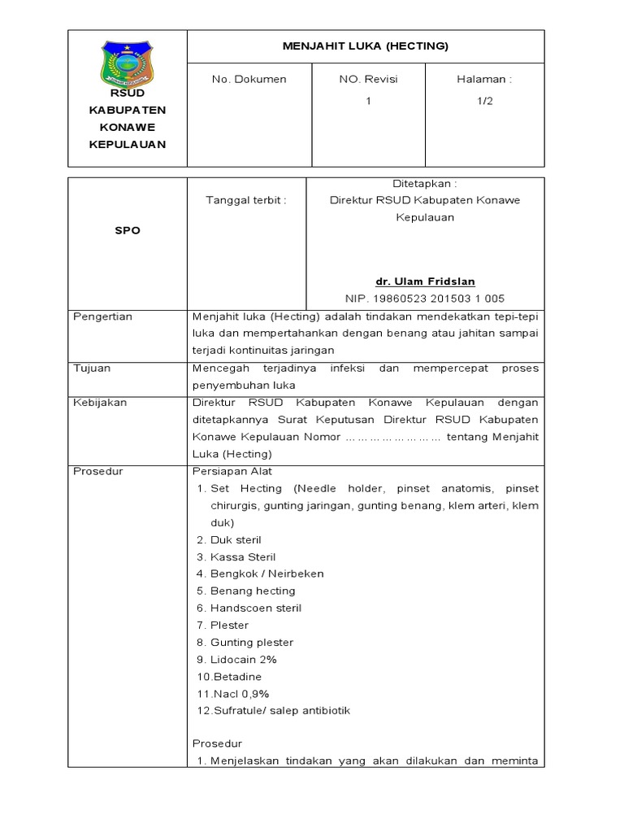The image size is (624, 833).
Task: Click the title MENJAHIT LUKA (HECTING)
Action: click(x=365, y=46)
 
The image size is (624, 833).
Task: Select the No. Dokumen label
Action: click(x=249, y=80)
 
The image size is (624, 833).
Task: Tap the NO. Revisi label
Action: click(x=368, y=80)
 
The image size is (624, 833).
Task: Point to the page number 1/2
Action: click(x=485, y=101)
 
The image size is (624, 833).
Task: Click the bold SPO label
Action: click(x=127, y=230)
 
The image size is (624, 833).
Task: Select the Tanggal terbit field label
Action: click(x=246, y=200)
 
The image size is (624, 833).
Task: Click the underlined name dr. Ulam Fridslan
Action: click(x=425, y=281)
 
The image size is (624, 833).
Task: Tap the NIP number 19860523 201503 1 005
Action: click(x=425, y=299)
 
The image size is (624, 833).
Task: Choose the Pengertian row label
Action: click(x=102, y=316)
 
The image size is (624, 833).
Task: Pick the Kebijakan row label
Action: click(x=100, y=403)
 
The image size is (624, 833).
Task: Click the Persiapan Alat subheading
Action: click(x=232, y=471)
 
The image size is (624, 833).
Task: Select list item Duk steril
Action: click(x=236, y=540)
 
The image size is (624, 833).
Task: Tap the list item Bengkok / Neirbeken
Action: click(x=266, y=574)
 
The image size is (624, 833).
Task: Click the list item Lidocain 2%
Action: click(x=243, y=660)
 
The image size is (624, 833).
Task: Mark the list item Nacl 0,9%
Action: click(x=240, y=694)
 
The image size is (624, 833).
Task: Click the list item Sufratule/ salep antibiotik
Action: click(x=281, y=711)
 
